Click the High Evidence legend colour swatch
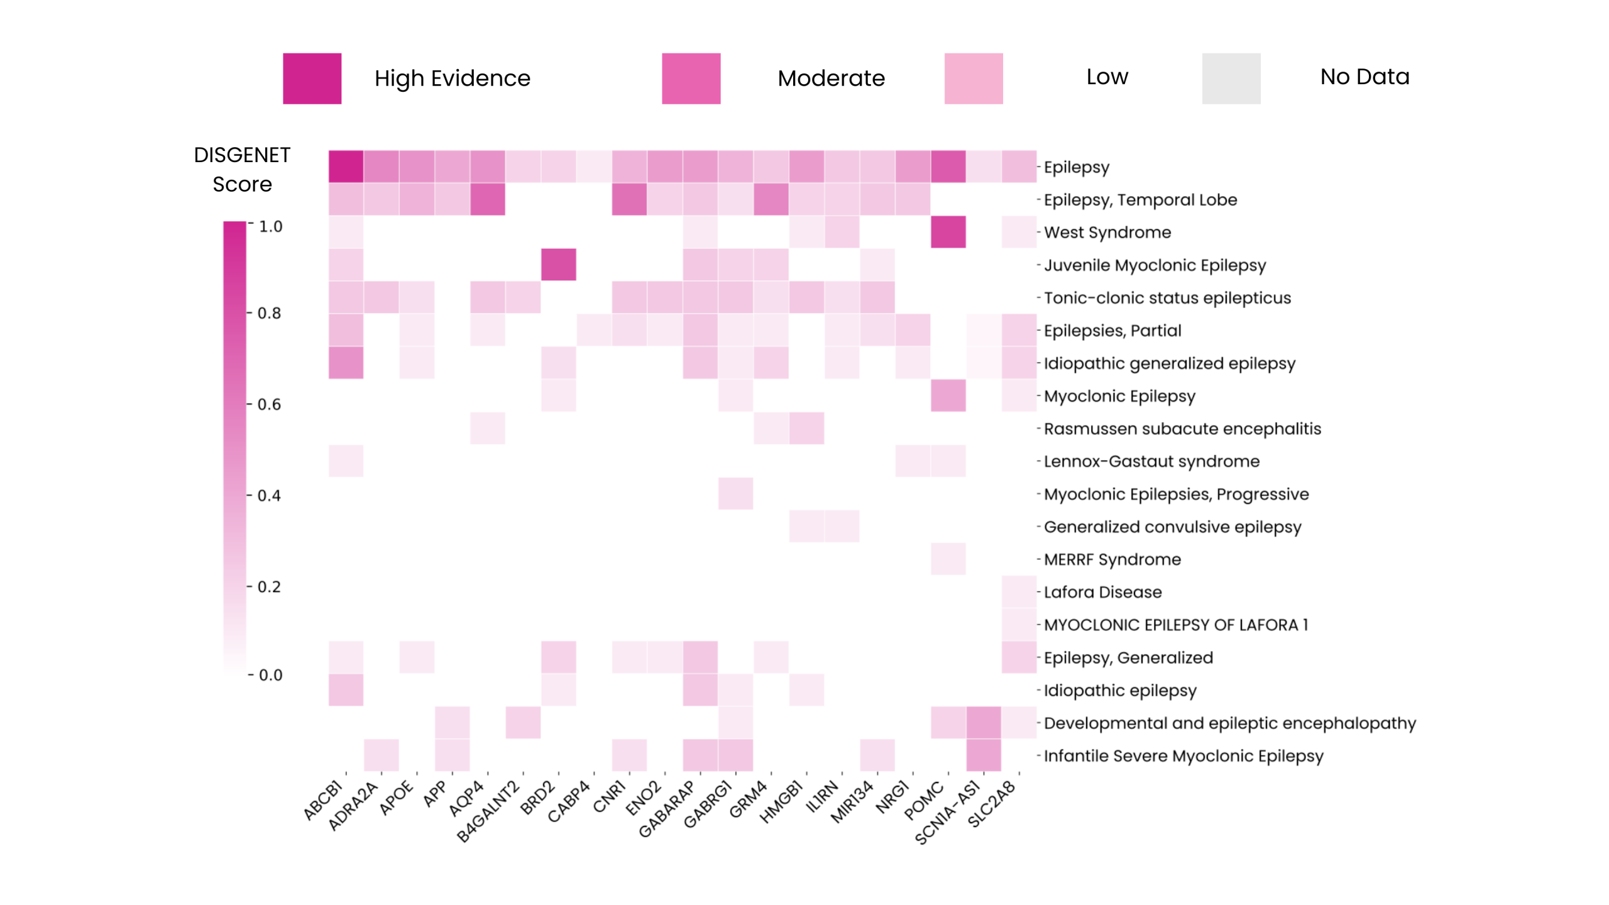pyautogui.click(x=312, y=79)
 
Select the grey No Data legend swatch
pyautogui.click(x=1231, y=79)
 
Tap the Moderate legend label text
pyautogui.click(x=831, y=79)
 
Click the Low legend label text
pyautogui.click(x=1107, y=77)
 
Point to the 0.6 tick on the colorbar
pyautogui.click(x=268, y=404)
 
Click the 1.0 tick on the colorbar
pyautogui.click(x=270, y=226)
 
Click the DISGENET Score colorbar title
pyautogui.click(x=242, y=169)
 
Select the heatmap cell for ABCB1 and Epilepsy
pyautogui.click(x=346, y=167)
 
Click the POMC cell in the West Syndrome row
pyautogui.click(x=948, y=232)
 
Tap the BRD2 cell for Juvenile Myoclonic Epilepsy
pyautogui.click(x=558, y=265)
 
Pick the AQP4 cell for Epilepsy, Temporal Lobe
pyautogui.click(x=487, y=199)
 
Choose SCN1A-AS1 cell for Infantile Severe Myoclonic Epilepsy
pyautogui.click(x=983, y=755)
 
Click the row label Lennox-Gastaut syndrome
pyautogui.click(x=1151, y=461)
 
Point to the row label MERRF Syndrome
pyautogui.click(x=1112, y=559)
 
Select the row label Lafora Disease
pyautogui.click(x=1102, y=592)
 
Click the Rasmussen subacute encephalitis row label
pyautogui.click(x=1182, y=429)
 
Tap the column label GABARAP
pyautogui.click(x=667, y=809)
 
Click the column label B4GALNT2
pyautogui.click(x=489, y=811)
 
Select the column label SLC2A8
pyautogui.click(x=991, y=804)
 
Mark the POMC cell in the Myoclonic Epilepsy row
pyautogui.click(x=948, y=395)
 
